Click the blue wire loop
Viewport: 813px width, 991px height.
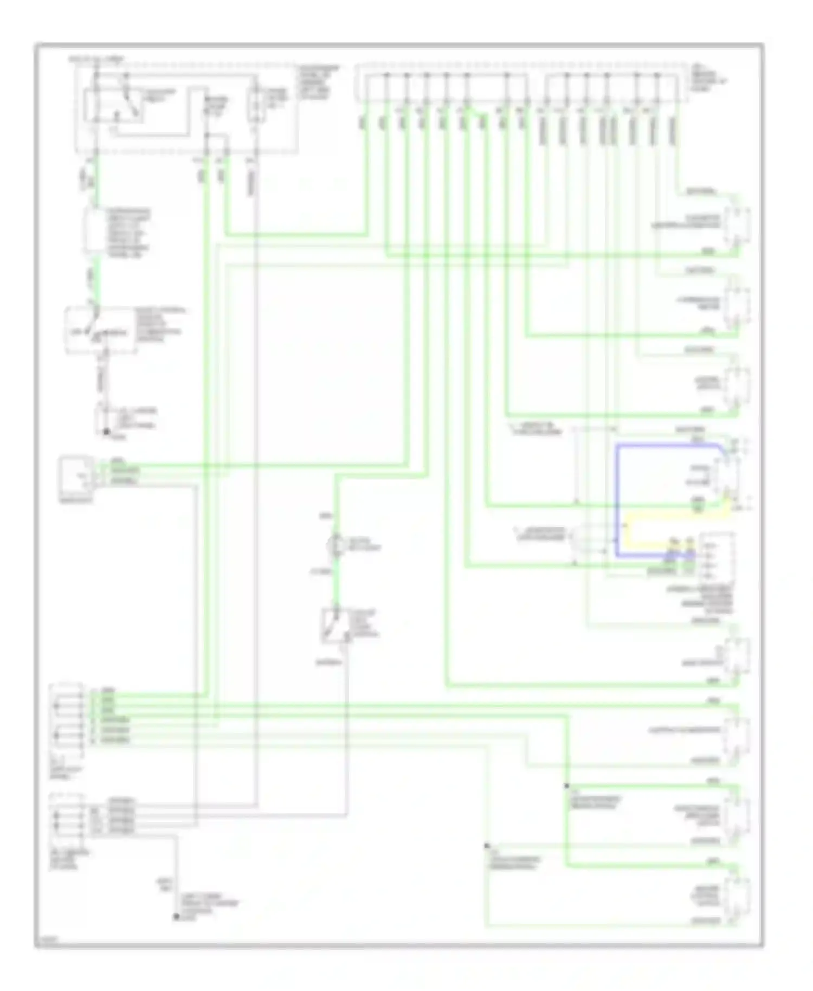pos(617,499)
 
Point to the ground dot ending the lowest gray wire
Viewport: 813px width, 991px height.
pos(176,917)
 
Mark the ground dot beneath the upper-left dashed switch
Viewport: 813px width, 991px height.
pos(106,432)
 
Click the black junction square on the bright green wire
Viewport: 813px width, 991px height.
pos(566,786)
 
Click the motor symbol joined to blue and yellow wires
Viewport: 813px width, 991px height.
pos(726,474)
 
